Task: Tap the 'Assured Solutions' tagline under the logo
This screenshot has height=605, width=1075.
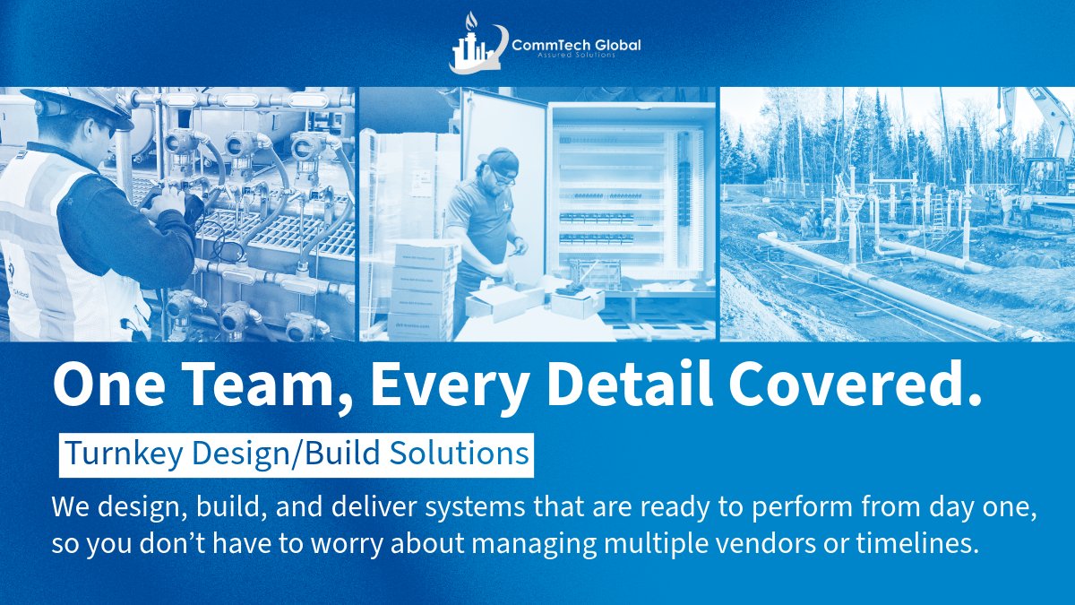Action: pyautogui.click(x=576, y=56)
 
